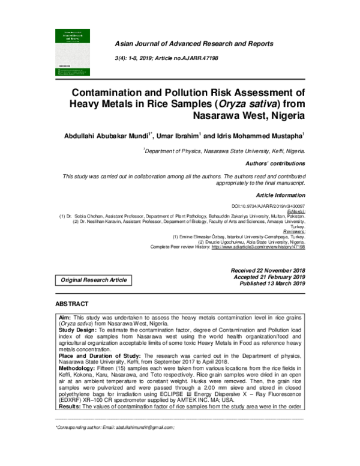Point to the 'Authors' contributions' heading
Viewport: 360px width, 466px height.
pos(275,163)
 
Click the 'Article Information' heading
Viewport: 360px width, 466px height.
pos(281,195)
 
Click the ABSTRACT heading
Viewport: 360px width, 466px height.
pos(72,304)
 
